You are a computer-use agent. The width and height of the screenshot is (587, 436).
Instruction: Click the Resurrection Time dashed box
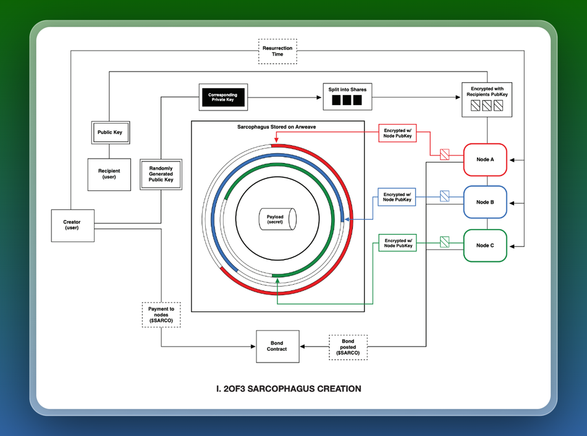point(277,51)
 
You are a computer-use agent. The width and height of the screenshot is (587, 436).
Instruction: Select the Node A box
point(485,159)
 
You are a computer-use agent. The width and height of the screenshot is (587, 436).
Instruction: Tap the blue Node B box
point(485,202)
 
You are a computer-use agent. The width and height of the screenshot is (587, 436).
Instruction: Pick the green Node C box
point(485,245)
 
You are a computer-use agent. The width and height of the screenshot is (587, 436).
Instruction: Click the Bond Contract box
point(277,346)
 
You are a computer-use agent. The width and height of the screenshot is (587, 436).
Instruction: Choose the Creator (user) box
point(72,225)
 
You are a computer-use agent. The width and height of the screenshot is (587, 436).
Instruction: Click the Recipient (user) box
point(109,174)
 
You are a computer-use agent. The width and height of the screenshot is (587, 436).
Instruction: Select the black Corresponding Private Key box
point(222,97)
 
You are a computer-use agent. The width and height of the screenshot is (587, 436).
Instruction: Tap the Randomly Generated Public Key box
point(161,175)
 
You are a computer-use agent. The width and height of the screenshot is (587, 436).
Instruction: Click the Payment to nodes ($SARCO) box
point(161,315)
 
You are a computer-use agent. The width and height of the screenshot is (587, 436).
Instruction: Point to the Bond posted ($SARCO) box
point(348,347)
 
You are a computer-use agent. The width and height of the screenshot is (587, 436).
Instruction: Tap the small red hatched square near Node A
point(444,154)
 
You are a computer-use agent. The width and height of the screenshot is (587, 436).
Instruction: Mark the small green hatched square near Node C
point(444,242)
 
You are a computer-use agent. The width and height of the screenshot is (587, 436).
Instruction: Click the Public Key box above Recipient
point(110,132)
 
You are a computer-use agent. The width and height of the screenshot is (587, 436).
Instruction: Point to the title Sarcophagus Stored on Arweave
point(277,127)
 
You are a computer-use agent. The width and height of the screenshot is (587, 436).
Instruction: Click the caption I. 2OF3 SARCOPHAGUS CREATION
point(293,388)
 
